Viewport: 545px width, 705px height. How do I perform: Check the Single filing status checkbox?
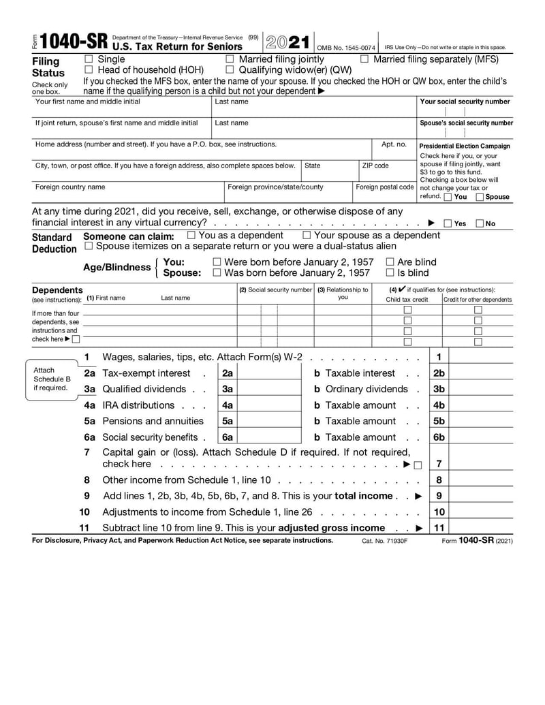pyautogui.click(x=89, y=59)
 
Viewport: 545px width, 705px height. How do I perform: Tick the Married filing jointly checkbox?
pyautogui.click(x=230, y=59)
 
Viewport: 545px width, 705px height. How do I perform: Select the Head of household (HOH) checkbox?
pyautogui.click(x=89, y=69)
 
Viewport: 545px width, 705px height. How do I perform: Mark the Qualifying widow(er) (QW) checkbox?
pyautogui.click(x=230, y=69)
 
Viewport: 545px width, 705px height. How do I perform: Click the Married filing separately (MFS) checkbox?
pyautogui.click(x=364, y=59)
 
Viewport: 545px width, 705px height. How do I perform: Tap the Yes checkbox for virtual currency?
pyautogui.click(x=448, y=223)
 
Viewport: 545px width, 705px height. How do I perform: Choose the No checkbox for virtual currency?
pyautogui.click(x=480, y=223)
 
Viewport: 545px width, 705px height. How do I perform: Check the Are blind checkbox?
pyautogui.click(x=390, y=262)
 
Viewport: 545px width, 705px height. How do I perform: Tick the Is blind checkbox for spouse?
pyautogui.click(x=390, y=273)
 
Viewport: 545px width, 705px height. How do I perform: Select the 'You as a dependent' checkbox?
pyautogui.click(x=191, y=235)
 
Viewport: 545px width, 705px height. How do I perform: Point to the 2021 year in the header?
pyautogui.click(x=287, y=42)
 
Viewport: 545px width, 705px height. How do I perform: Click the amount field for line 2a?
pyautogui.click(x=269, y=373)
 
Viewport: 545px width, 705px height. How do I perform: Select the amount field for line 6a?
pyautogui.click(x=269, y=437)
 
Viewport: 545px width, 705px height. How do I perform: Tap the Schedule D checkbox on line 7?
pyautogui.click(x=417, y=465)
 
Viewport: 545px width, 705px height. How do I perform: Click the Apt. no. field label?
pyautogui.click(x=394, y=144)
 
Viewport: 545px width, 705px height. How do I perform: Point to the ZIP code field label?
pyautogui.click(x=375, y=166)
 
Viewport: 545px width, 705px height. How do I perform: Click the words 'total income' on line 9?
pyautogui.click(x=363, y=496)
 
